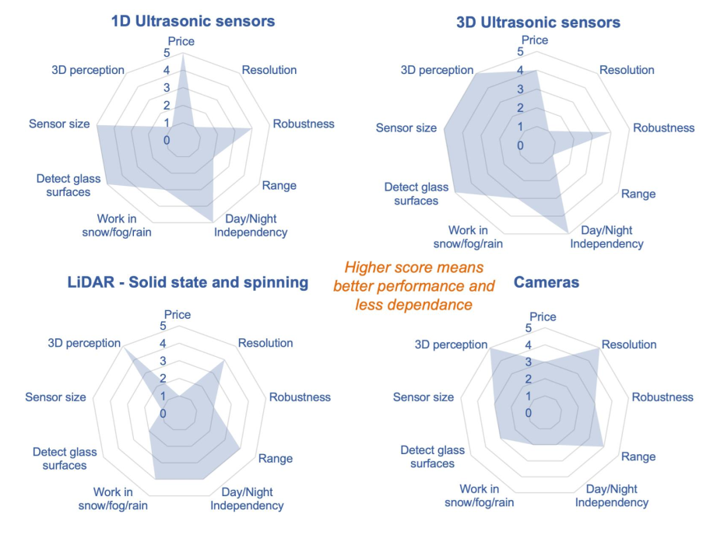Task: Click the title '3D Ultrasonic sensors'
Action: click(x=538, y=22)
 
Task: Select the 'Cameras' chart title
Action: click(x=547, y=282)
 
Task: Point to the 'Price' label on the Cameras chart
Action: click(x=543, y=316)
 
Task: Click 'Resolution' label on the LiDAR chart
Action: click(x=265, y=343)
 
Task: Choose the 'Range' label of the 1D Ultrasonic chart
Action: click(x=279, y=186)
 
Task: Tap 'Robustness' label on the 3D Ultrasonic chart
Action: click(x=663, y=128)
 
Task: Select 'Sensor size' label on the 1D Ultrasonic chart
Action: click(x=59, y=124)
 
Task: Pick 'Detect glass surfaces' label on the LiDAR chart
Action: click(x=60, y=458)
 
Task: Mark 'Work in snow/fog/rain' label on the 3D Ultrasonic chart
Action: click(x=468, y=237)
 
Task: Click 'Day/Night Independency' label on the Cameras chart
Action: click(x=611, y=495)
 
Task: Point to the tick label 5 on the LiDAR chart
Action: click(x=163, y=327)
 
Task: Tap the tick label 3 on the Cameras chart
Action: click(x=528, y=362)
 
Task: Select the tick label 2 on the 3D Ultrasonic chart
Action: click(x=520, y=108)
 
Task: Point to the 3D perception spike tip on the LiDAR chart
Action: click(x=125, y=348)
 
